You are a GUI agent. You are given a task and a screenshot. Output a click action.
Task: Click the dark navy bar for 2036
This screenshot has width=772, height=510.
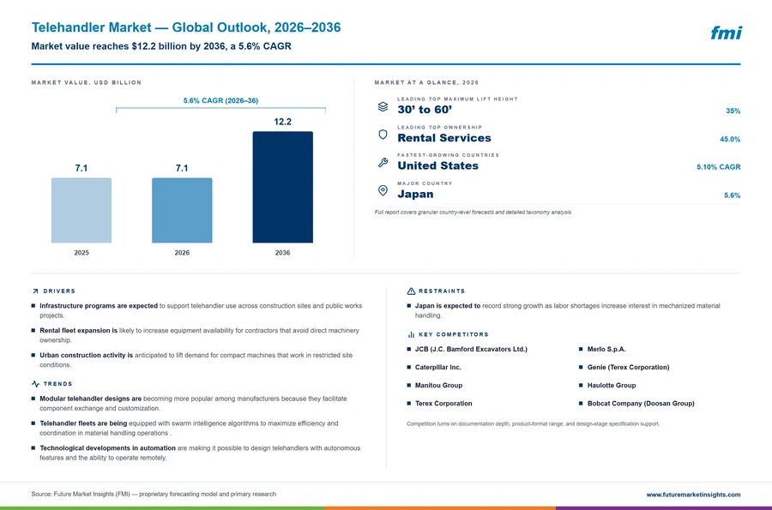pos(282,187)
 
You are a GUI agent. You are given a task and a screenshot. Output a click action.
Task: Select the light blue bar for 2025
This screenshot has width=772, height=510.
pos(81,211)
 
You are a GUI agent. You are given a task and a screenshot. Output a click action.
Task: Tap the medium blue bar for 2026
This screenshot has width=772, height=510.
pos(182,211)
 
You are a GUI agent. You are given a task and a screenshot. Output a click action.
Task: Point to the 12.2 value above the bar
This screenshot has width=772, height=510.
pos(282,122)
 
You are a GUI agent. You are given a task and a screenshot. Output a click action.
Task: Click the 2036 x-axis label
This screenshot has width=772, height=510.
pos(282,253)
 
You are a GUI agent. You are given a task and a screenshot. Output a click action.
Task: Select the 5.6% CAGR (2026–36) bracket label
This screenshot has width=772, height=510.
pos(220,100)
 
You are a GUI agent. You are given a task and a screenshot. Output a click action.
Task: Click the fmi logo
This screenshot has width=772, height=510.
pos(727,33)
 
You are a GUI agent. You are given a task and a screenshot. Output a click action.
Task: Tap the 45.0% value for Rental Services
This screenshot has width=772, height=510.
pos(730,139)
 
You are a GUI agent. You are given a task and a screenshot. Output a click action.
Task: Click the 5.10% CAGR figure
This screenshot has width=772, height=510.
pos(718,167)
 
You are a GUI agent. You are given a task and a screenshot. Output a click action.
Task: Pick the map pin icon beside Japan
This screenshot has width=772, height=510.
pos(383,190)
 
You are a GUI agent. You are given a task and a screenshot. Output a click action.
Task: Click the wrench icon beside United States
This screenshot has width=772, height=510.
pos(383,162)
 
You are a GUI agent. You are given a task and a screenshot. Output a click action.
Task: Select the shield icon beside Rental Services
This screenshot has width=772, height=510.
pos(383,135)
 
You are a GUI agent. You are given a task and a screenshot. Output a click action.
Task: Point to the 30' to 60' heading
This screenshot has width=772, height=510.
pos(425,110)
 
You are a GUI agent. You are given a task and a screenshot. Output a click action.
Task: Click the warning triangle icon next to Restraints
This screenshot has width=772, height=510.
pos(411,291)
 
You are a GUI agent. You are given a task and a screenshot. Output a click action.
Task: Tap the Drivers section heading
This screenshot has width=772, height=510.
pos(59,291)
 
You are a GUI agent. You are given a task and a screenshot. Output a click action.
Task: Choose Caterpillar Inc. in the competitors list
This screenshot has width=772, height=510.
pos(438,368)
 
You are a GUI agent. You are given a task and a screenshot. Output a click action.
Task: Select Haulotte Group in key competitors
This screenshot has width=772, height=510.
pos(612,386)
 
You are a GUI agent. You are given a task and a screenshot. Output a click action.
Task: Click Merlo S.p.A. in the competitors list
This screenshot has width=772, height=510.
pos(606,349)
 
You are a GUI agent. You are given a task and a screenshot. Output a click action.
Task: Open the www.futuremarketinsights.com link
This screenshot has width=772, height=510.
pos(693,495)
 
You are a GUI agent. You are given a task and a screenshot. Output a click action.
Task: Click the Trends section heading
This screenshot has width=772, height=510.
pos(57,384)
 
